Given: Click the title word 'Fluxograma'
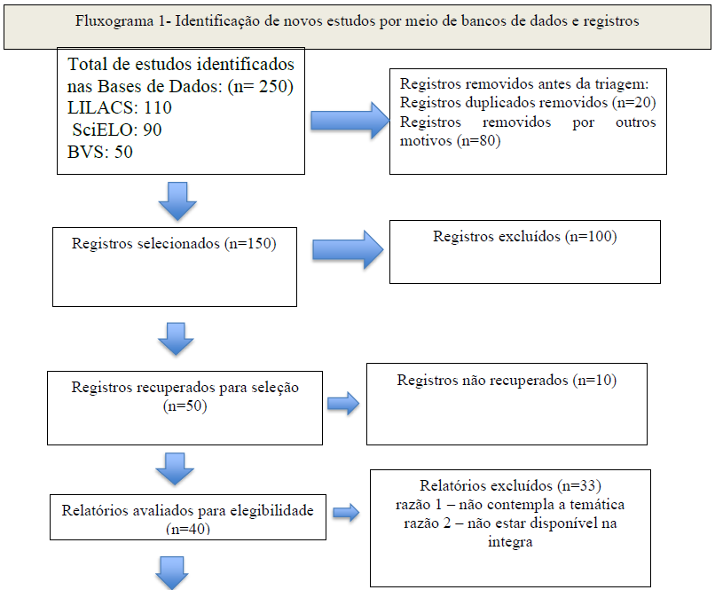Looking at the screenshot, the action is tap(114, 21).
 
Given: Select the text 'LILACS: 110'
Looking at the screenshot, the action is tap(120, 107).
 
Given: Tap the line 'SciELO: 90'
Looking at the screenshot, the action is tap(117, 130).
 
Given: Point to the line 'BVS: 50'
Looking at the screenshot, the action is tap(100, 152).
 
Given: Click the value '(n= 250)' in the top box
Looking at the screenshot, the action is tap(261, 86).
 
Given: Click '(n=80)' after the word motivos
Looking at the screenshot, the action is tap(479, 141).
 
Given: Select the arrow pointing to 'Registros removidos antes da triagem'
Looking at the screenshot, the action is tap(350, 121).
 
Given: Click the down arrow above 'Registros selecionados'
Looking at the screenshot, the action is tap(177, 201).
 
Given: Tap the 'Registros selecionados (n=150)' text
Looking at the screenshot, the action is tap(174, 243).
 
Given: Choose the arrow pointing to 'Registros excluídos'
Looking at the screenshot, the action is tap(348, 250).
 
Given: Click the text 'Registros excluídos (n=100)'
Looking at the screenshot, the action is tap(525, 237).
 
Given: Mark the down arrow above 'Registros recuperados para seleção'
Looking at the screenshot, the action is tap(176, 339).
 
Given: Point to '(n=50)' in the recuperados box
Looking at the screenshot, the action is tap(185, 405).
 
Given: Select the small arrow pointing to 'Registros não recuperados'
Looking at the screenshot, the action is tap(343, 404).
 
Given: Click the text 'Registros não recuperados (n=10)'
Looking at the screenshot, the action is tap(507, 381).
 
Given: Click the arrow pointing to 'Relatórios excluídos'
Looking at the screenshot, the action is tap(346, 513).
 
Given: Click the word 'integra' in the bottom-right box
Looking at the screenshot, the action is tap(510, 543).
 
